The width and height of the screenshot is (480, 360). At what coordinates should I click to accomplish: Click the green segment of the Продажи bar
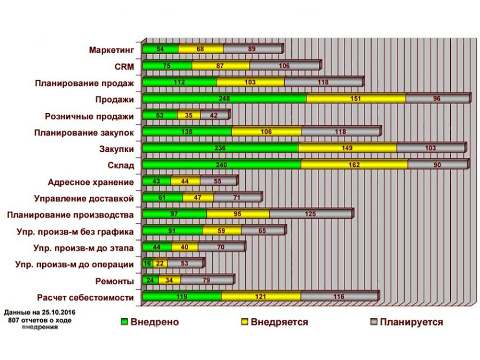click(224, 98)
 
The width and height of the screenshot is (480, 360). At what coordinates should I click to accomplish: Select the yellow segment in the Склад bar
click(354, 165)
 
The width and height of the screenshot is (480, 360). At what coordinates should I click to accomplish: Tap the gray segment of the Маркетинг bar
click(252, 49)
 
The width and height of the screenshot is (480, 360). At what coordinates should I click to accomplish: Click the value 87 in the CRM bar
click(220, 66)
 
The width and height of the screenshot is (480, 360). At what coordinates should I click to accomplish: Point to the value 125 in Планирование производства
click(310, 214)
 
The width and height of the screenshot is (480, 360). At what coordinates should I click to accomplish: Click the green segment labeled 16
click(147, 264)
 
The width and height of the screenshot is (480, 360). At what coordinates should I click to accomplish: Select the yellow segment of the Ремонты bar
click(169, 280)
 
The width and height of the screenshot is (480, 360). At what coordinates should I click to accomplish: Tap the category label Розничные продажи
click(89, 116)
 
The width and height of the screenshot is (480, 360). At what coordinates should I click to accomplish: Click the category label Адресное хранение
click(91, 182)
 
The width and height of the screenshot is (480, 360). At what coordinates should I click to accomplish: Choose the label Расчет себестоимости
click(85, 298)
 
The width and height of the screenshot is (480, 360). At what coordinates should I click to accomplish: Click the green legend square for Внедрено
click(124, 322)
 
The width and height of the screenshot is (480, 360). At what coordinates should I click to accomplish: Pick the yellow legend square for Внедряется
click(244, 322)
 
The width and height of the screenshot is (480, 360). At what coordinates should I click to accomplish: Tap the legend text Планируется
click(411, 322)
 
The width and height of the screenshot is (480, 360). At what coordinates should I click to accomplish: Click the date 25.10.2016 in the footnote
click(59, 312)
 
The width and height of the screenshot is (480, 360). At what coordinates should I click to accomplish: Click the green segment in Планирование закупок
click(187, 132)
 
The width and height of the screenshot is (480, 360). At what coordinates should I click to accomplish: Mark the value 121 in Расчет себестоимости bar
click(261, 297)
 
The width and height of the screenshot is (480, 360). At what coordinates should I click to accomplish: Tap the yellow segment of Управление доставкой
click(198, 197)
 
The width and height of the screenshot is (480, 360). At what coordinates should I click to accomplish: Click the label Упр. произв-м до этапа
click(84, 248)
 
